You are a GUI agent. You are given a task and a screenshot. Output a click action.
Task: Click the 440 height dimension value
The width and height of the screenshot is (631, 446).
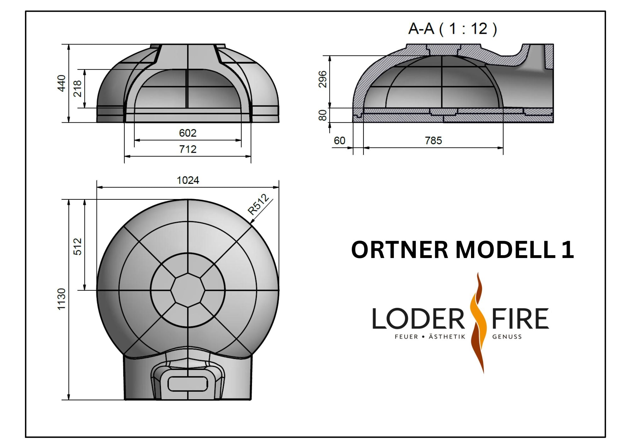click(62, 83)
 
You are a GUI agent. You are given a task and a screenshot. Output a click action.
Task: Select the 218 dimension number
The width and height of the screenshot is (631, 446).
click(77, 88)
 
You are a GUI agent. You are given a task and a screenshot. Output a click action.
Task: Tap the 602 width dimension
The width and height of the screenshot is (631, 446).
click(188, 133)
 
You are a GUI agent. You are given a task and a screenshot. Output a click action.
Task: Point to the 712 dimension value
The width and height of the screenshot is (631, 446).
click(188, 149)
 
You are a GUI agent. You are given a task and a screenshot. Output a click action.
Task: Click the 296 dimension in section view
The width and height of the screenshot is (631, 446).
click(322, 79)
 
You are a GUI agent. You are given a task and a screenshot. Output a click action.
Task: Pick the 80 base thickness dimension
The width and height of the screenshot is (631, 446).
click(322, 115)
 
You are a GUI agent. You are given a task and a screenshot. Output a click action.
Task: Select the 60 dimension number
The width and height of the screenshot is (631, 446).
click(339, 140)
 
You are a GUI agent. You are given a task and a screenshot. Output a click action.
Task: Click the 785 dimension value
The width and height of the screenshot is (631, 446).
click(433, 140)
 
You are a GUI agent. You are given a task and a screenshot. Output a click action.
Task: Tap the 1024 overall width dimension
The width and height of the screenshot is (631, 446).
click(188, 180)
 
